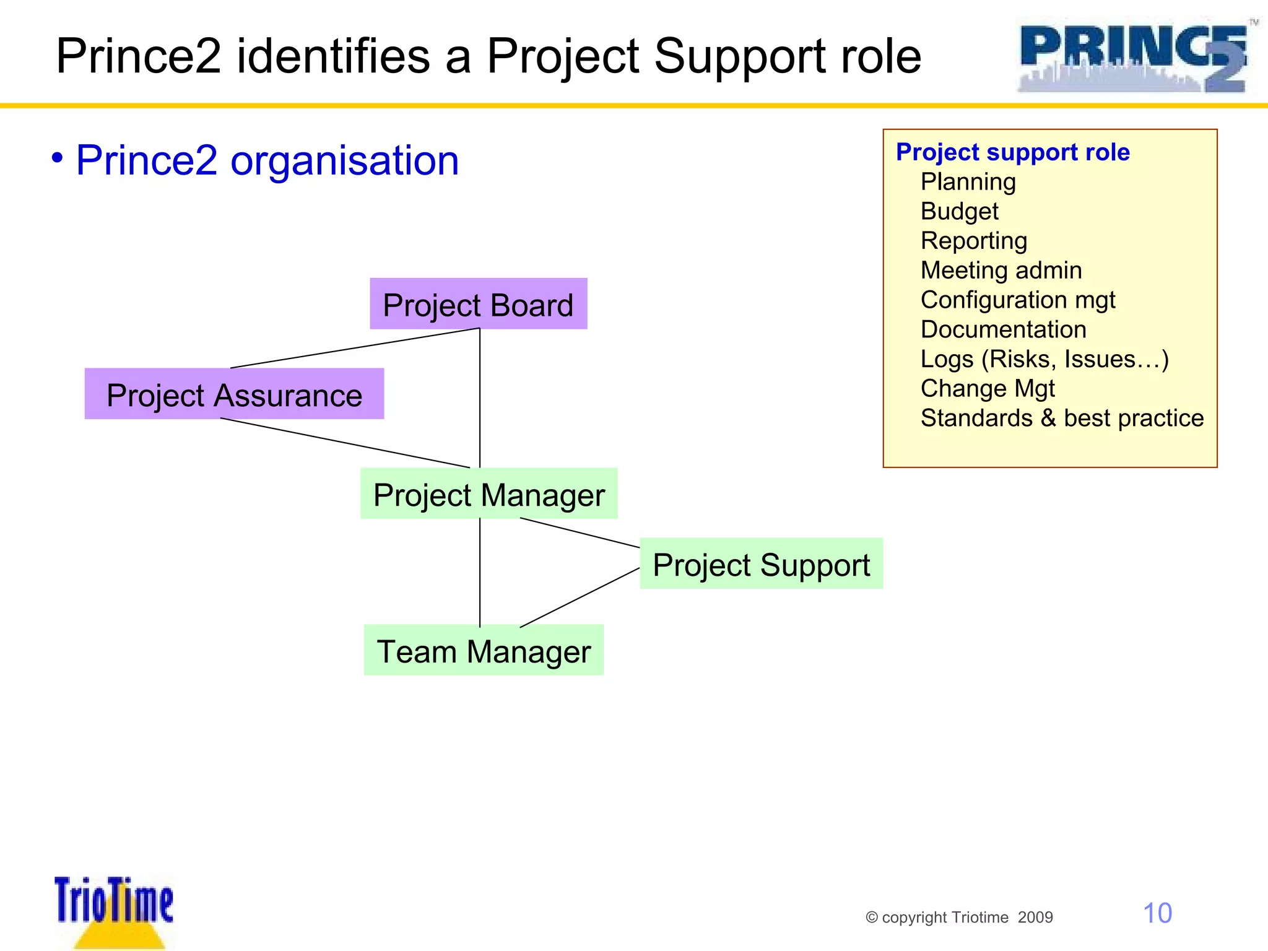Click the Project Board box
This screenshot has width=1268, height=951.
(478, 304)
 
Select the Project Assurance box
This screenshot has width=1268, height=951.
(234, 394)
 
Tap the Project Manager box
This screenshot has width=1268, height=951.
(489, 494)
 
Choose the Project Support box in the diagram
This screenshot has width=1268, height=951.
(761, 564)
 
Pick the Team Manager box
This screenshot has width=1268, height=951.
(484, 651)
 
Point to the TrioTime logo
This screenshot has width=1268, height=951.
(114, 910)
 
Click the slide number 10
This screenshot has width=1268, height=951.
(1157, 913)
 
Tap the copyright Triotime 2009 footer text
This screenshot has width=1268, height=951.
(959, 918)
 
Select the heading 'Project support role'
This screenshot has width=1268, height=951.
(1012, 152)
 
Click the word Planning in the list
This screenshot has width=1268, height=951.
(968, 182)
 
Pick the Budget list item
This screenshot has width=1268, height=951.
(959, 212)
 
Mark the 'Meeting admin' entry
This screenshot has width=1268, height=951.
(1001, 271)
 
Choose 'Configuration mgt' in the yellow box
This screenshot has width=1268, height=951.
(1018, 300)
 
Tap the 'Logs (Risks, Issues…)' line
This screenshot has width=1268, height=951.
(1044, 359)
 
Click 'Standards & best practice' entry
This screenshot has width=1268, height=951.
(1062, 419)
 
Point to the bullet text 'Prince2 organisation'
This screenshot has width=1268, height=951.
(267, 160)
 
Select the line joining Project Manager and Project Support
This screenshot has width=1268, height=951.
(580, 532)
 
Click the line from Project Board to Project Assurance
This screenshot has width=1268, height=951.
(355, 348)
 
